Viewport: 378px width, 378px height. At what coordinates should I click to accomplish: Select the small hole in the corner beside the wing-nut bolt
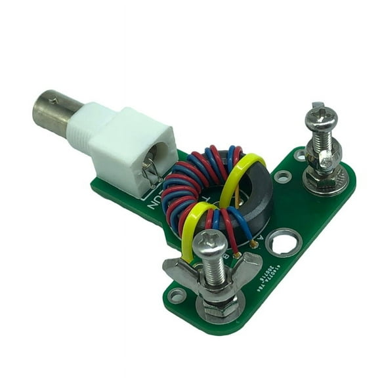pyautogui.click(x=176, y=295)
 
